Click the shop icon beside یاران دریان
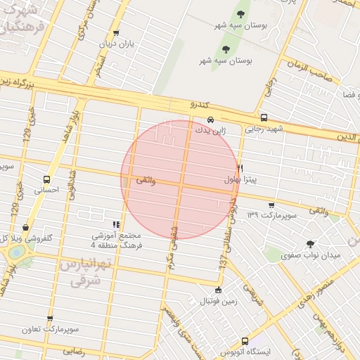[116, 33]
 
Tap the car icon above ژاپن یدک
[211, 119]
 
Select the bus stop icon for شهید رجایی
[264, 118]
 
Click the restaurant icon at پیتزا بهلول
[240, 169]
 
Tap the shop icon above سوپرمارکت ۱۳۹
[271, 205]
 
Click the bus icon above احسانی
[46, 179]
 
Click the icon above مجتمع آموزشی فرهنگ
[116, 224]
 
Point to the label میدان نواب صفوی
[311, 256]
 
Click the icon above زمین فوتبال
[218, 290]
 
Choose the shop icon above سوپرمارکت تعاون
[50, 319]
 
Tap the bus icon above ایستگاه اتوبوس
[245, 340]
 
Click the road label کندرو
[200, 103]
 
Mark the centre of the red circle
[180, 180]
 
